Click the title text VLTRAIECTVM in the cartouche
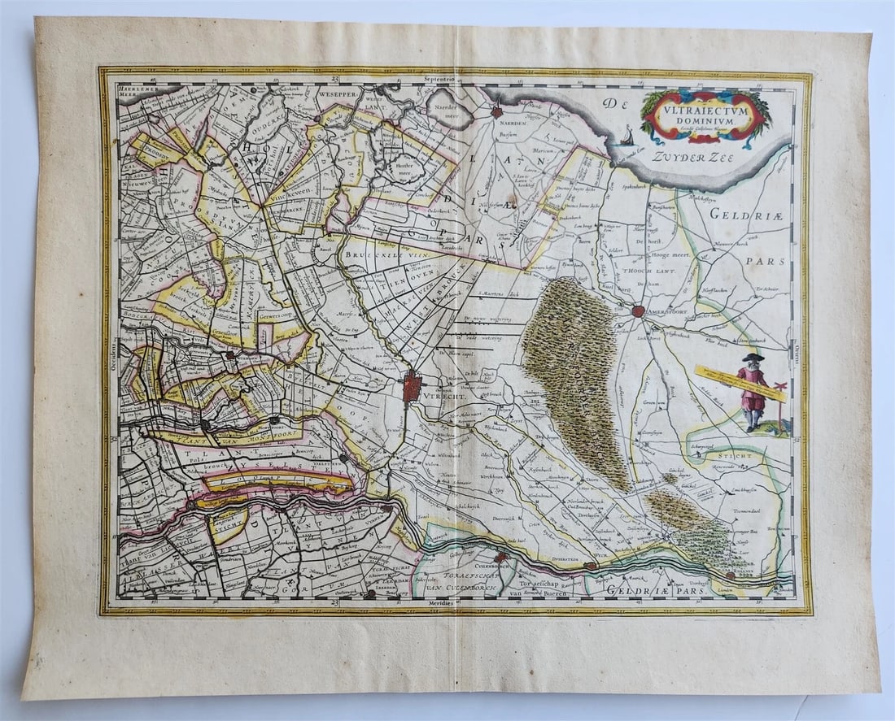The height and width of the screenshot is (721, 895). pyautogui.click(x=705, y=106)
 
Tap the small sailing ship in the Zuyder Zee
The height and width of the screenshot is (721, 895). pyautogui.click(x=626, y=139)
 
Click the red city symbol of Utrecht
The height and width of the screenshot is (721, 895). pyautogui.click(x=413, y=384)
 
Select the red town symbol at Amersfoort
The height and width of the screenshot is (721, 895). pyautogui.click(x=638, y=310)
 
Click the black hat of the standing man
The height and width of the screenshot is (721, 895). pyautogui.click(x=753, y=357)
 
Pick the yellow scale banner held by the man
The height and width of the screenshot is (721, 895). pyautogui.click(x=740, y=384)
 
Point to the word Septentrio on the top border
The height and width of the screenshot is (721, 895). pyautogui.click(x=446, y=80)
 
